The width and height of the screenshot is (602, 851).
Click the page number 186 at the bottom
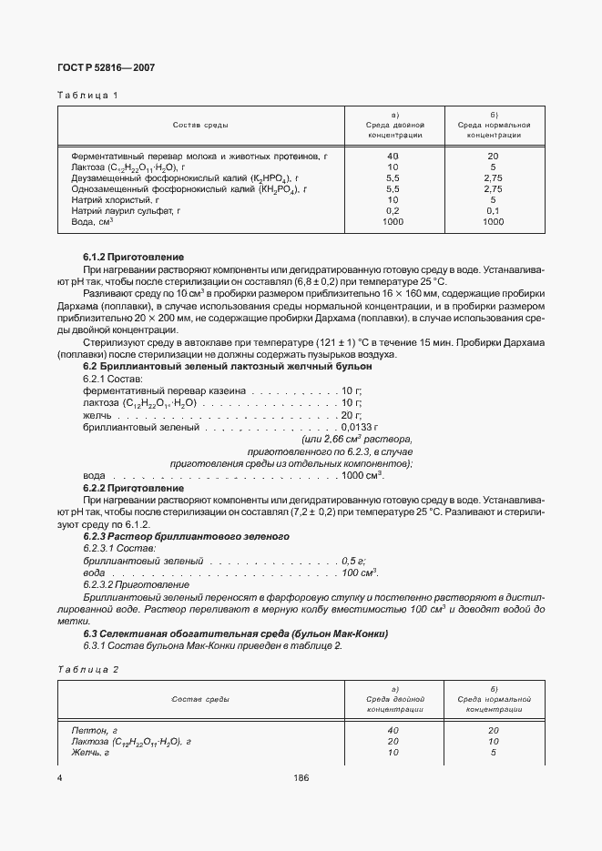[x=301, y=778]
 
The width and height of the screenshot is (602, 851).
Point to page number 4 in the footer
[x=59, y=778]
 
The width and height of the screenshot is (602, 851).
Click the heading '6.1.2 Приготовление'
[x=133, y=258]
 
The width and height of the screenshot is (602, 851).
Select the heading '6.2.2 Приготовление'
[x=133, y=489]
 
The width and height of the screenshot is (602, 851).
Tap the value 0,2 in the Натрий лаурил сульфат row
[x=393, y=210]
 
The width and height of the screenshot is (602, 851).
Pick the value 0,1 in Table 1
[x=493, y=210]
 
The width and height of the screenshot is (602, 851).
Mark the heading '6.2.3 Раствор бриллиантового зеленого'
[x=186, y=537]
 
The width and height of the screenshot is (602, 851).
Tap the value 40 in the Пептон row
[x=393, y=730]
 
